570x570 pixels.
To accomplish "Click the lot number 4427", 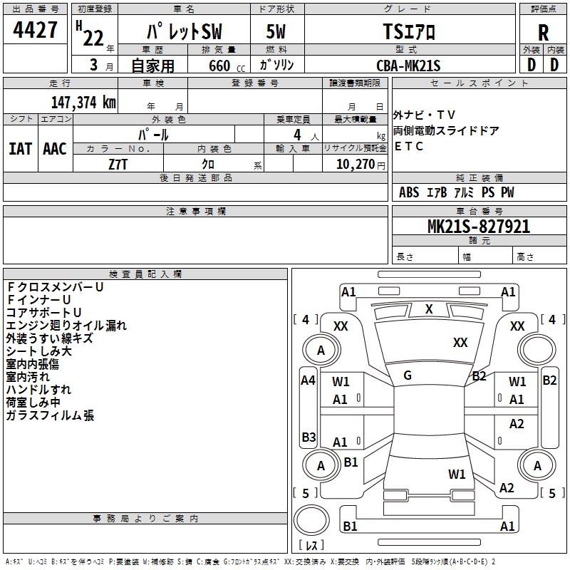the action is pyautogui.click(x=35, y=30).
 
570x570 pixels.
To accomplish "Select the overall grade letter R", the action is pyautogui.click(x=543, y=33).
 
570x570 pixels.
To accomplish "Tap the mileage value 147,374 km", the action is pyautogui.click(x=83, y=103).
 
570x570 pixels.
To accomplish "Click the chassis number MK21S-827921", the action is pyautogui.click(x=479, y=227).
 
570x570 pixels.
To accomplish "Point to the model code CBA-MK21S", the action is pyautogui.click(x=408, y=66).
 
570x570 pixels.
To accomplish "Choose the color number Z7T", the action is pyautogui.click(x=118, y=165).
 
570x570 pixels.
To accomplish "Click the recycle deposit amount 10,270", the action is pyautogui.click(x=355, y=165).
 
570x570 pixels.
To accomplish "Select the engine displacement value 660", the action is pyautogui.click(x=219, y=66).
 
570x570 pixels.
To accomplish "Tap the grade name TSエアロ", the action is pyautogui.click(x=409, y=31).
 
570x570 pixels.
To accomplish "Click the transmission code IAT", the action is pyautogui.click(x=20, y=149).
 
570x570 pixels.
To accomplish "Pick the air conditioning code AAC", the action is pyautogui.click(x=55, y=149).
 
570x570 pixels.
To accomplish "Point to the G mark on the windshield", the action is pyautogui.click(x=408, y=375).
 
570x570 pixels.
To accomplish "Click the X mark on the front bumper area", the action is pyautogui.click(x=429, y=309).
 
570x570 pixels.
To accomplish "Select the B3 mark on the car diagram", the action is pyautogui.click(x=309, y=437).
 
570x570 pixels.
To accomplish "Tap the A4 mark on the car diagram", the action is pyautogui.click(x=308, y=380).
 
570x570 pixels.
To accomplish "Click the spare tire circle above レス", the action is pyautogui.click(x=311, y=520).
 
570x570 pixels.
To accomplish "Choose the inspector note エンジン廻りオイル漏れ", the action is pyautogui.click(x=66, y=326).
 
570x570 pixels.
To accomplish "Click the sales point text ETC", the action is pyautogui.click(x=408, y=146).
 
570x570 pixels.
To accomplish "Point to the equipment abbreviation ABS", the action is pyautogui.click(x=409, y=192).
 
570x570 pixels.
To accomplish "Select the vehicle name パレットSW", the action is pyautogui.click(x=185, y=31).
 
